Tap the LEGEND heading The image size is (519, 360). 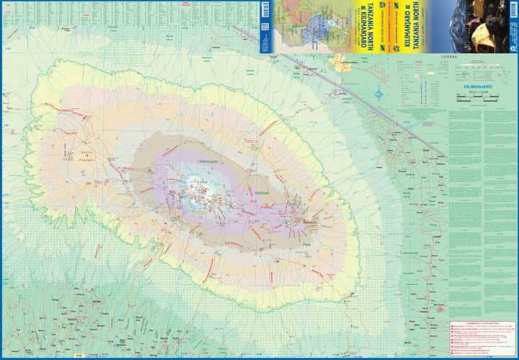click(x=470, y=56)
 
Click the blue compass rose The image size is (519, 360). click(x=379, y=92)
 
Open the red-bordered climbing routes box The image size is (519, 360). click(x=482, y=338)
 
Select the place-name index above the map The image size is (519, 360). click(x=130, y=13)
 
